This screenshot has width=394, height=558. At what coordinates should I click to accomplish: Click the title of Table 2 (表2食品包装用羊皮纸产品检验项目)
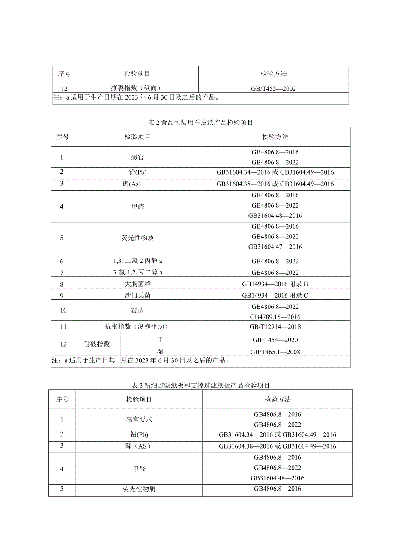(x=200, y=122)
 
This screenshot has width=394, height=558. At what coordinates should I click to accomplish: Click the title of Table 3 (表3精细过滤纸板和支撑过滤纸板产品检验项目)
(x=200, y=385)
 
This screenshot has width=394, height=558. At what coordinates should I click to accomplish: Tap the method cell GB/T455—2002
(x=274, y=89)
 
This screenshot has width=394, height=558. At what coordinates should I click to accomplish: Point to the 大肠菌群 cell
(x=137, y=284)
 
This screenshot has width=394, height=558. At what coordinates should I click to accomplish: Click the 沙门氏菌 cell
(x=137, y=295)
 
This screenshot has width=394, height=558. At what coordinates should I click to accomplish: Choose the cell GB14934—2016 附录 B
(x=275, y=284)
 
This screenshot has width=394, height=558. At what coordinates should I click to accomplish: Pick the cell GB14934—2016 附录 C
(x=275, y=295)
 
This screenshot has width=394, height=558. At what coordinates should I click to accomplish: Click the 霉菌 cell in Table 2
(x=137, y=310)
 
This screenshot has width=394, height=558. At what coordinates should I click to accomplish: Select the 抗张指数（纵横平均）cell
(x=137, y=326)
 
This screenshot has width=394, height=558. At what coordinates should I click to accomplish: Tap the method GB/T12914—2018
(x=275, y=326)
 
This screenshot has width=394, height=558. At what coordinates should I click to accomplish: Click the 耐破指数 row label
(x=97, y=344)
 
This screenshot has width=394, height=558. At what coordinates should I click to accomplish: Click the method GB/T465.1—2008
(x=275, y=352)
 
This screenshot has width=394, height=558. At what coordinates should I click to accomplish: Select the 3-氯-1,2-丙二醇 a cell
(x=137, y=272)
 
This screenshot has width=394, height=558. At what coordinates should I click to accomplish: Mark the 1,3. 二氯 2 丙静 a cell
(x=137, y=261)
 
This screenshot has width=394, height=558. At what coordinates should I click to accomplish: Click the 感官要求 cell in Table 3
(x=139, y=419)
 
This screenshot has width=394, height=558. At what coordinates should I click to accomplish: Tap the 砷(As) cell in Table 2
(x=137, y=184)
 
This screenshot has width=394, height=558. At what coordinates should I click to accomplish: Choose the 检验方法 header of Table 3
(x=278, y=399)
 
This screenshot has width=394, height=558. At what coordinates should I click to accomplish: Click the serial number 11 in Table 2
(x=63, y=326)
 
